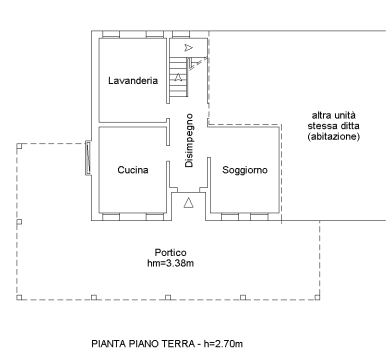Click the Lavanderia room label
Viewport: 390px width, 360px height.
(x=133, y=81)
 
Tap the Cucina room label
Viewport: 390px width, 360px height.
(x=132, y=170)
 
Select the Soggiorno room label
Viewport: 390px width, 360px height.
(x=245, y=170)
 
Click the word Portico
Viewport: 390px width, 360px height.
(x=170, y=252)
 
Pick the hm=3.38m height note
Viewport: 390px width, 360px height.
(x=170, y=264)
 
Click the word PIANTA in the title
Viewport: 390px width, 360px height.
(x=109, y=344)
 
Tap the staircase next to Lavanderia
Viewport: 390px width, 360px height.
(x=180, y=81)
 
